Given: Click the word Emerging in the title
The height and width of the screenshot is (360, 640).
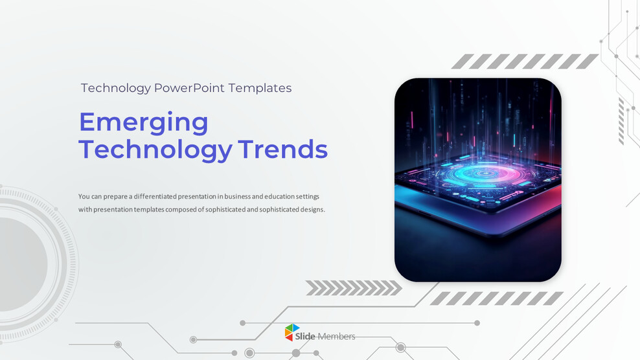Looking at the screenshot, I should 143,122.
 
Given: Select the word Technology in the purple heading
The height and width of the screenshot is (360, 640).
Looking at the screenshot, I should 155,150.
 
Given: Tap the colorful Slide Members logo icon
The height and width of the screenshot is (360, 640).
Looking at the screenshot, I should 293,332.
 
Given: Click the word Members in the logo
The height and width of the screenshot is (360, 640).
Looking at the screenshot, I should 336,337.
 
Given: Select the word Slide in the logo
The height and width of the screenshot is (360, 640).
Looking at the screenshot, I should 305,337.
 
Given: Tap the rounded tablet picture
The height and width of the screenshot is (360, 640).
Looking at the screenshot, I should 478,180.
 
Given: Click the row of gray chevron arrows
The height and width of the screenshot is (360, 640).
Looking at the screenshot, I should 353,287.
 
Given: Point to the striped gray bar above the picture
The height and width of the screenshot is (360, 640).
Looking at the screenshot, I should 525,62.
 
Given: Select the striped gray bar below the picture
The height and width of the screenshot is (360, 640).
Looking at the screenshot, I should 497,298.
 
